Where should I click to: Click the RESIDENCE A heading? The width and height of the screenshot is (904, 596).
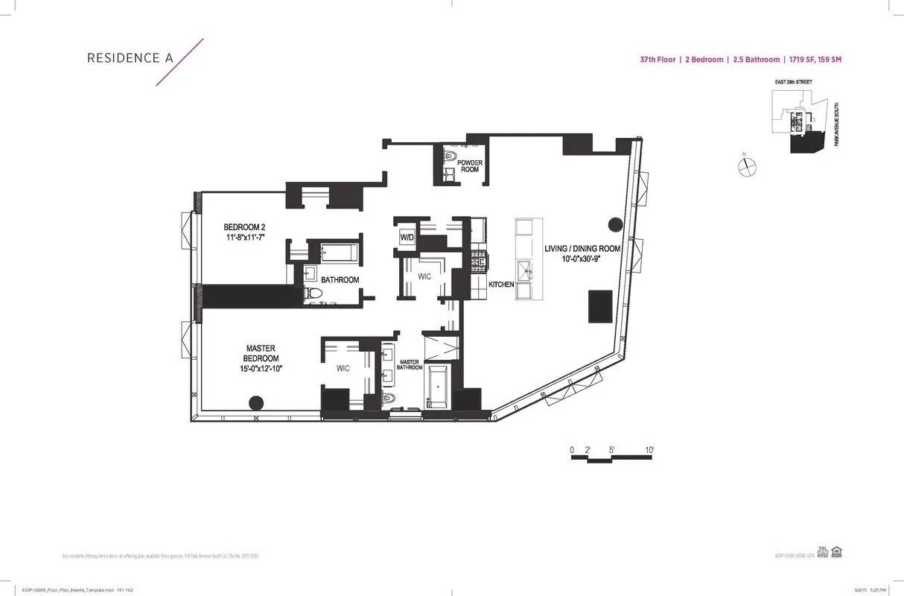pos(125,58)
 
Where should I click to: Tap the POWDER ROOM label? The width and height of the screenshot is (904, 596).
pos(469,165)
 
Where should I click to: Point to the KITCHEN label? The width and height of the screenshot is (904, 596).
pos(501,285)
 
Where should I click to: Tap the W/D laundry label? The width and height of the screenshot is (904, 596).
pos(407,237)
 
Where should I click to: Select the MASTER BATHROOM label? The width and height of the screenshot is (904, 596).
pos(410,364)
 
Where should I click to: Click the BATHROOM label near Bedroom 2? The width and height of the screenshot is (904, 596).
pos(340,280)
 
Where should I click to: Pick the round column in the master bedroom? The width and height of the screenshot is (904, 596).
pos(255,403)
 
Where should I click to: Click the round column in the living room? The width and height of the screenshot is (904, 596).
pos(616,223)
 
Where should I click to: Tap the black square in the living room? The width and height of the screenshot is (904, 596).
pos(602,305)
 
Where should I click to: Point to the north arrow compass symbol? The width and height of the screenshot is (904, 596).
pos(747,168)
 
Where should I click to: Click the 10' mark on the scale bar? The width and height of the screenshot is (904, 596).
pos(649,450)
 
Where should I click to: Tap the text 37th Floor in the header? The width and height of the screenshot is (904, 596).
pos(658,60)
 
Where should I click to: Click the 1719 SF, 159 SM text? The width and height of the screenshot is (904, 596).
pos(814,60)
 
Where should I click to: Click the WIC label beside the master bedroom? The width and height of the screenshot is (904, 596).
pos(343,368)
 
